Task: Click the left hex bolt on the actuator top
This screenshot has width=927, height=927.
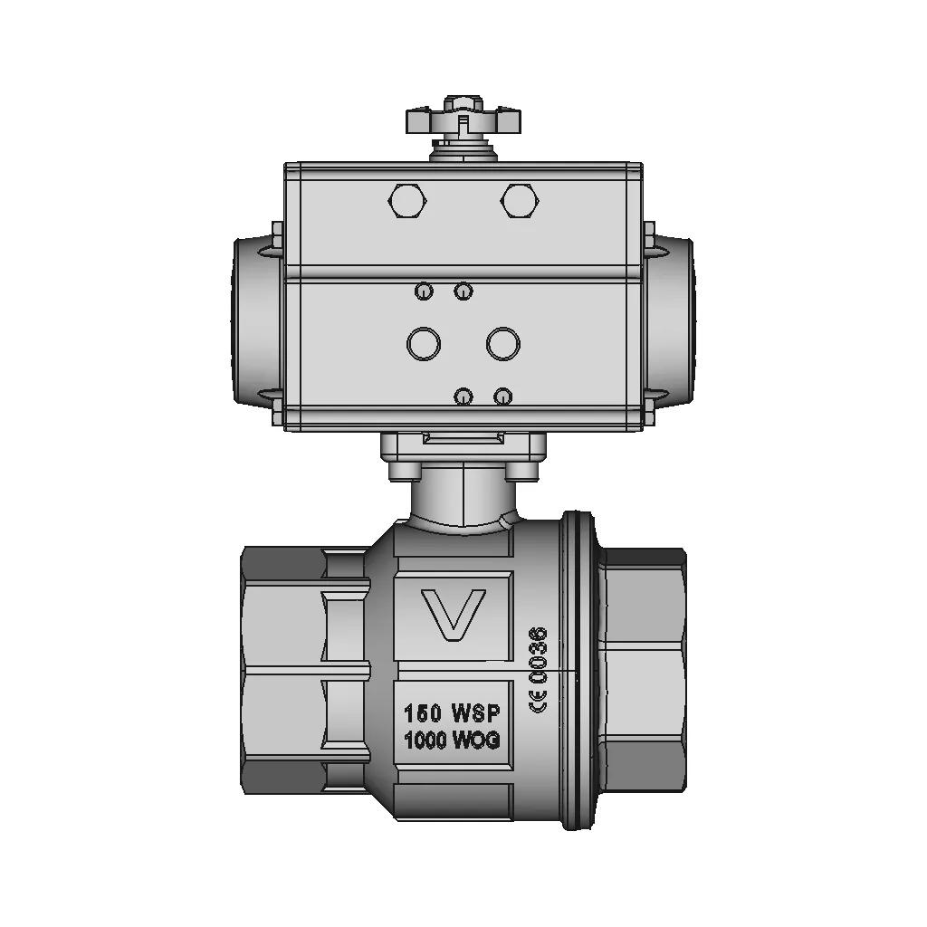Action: click(x=406, y=201)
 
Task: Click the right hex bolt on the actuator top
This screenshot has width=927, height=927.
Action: click(x=520, y=201)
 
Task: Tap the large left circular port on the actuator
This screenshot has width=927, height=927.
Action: click(x=424, y=343)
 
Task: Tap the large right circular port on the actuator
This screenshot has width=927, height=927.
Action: click(x=503, y=343)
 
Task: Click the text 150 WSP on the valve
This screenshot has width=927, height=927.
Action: click(x=452, y=713)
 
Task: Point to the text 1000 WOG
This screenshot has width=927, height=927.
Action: click(x=452, y=740)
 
